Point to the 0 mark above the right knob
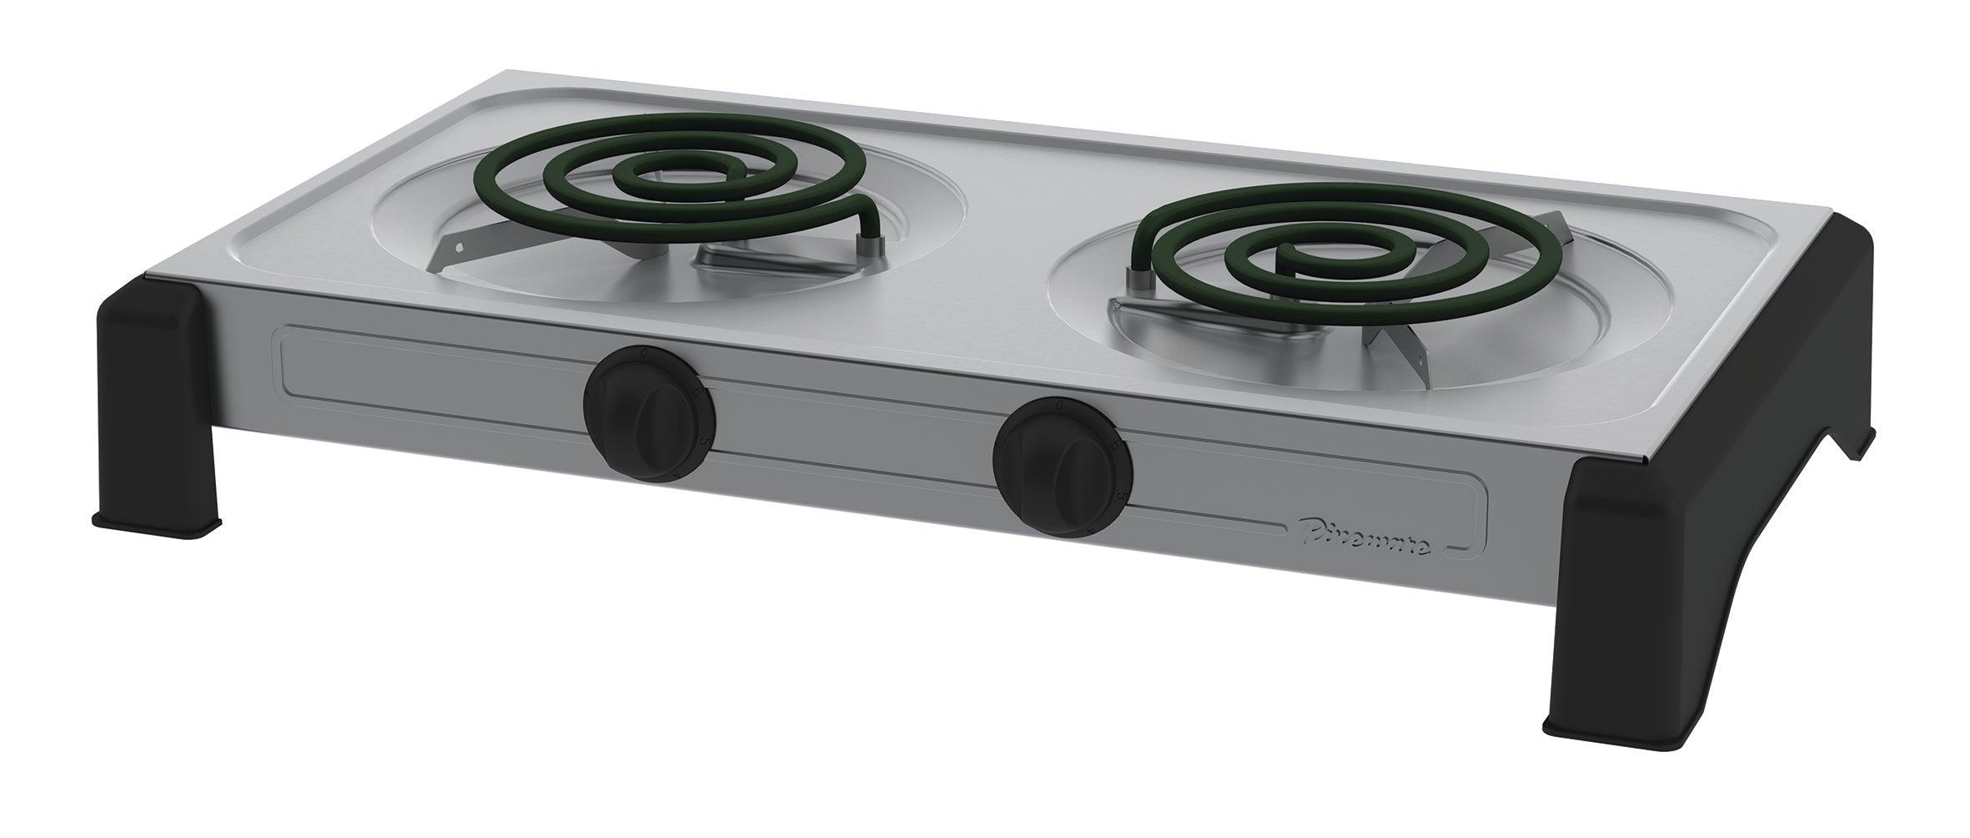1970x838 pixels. click(1058, 405)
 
